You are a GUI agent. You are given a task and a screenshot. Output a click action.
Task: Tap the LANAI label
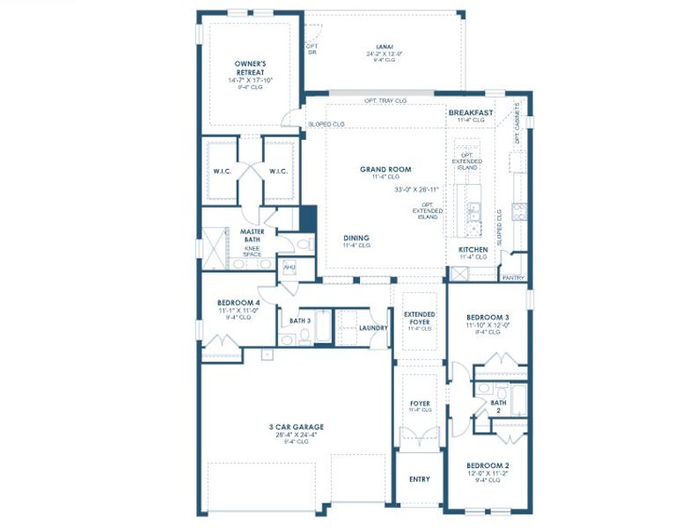(385, 46)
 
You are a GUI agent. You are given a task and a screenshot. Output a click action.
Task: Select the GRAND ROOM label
(385, 169)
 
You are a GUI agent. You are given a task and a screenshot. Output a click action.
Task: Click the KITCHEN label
(473, 249)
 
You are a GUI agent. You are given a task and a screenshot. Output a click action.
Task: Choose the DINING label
(356, 238)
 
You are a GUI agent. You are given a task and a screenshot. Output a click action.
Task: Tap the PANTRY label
(513, 278)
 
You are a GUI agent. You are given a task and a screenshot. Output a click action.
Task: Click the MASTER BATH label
(253, 236)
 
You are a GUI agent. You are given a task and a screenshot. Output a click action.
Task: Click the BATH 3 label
(300, 320)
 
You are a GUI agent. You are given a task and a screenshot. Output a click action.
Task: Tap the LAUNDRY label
(373, 327)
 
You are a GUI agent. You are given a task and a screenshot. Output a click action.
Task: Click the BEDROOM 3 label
(487, 316)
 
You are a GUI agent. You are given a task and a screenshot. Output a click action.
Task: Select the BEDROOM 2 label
(487, 465)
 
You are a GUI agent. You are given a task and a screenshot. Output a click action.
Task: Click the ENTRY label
(420, 480)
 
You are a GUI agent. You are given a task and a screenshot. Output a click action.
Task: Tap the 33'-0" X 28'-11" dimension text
(417, 189)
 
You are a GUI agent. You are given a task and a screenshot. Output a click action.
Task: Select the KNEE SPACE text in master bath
(253, 252)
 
